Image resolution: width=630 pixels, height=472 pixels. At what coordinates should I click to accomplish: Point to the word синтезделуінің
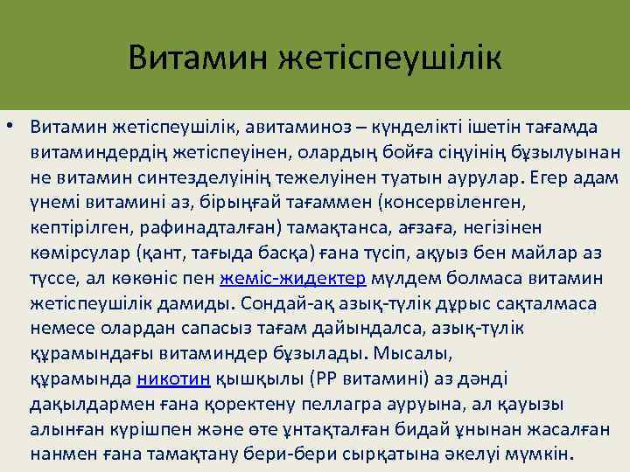(209, 178)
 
